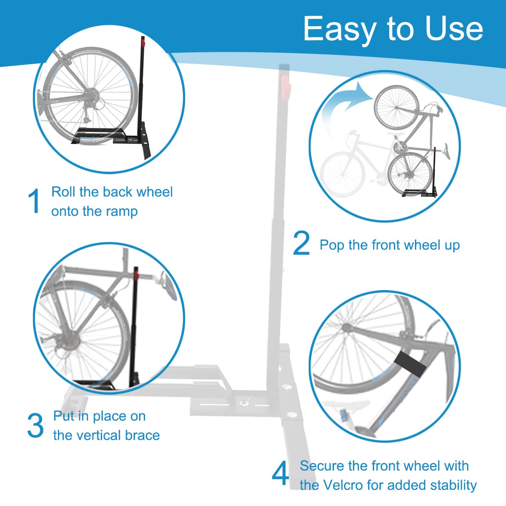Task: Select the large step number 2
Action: click(x=301, y=243)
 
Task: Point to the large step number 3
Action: click(x=35, y=426)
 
